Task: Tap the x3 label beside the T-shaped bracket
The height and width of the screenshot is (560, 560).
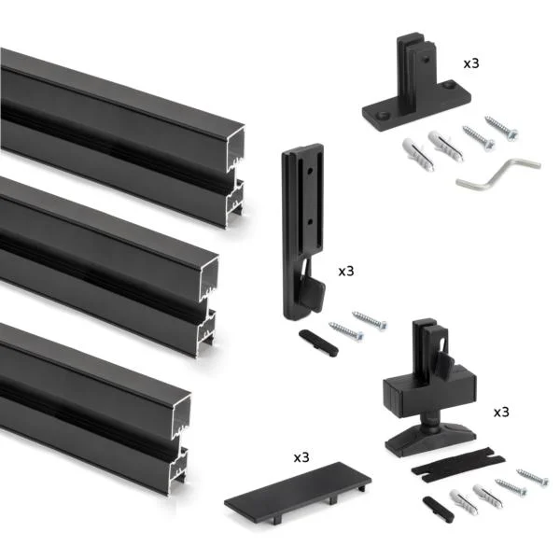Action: click(x=471, y=63)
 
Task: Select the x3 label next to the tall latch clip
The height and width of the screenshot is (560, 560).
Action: click(x=346, y=271)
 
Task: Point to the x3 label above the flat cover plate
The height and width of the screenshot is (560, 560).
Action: click(x=301, y=457)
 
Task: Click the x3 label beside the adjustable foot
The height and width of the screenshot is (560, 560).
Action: click(x=501, y=413)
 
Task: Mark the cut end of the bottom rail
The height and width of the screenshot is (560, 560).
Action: click(x=180, y=444)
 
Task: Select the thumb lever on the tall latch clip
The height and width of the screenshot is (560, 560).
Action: click(x=314, y=289)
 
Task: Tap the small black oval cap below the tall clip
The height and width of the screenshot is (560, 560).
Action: click(x=318, y=343)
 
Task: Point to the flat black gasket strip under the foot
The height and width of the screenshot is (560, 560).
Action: click(x=458, y=464)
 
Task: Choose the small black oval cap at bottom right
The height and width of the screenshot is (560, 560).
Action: click(x=439, y=510)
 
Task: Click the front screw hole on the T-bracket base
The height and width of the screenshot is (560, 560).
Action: click(x=384, y=116)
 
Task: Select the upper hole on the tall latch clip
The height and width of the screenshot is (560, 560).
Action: click(x=310, y=171)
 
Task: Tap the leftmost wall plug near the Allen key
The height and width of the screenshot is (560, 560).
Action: click(x=418, y=155)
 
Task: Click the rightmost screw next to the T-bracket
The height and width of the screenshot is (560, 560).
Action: click(x=501, y=128)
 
